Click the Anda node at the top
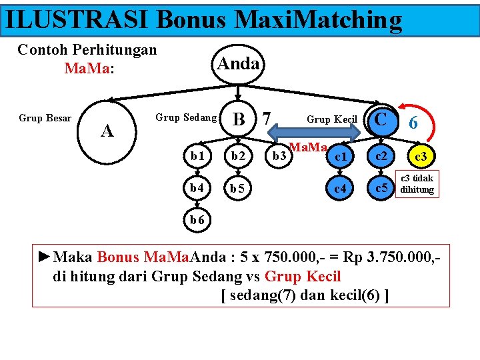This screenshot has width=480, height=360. coord(238,64)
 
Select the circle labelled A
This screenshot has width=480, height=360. coord(107,131)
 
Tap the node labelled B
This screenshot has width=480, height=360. coord(237,119)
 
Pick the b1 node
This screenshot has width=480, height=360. coord(197,156)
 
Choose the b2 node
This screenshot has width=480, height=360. coord(238,156)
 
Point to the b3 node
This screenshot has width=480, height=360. coord(279,156)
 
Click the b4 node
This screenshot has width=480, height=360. coord(197,188)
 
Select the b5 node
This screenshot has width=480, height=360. coord(238,188)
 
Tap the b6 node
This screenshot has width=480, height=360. coord(197,219)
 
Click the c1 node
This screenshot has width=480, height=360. coord(340,156)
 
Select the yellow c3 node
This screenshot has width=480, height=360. coord(421,157)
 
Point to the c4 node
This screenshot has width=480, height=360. coord(340,188)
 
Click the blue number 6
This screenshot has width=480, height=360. coord(414,123)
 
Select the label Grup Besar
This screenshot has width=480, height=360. coord(45,119)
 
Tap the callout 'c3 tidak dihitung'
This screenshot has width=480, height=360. coord(417,184)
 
